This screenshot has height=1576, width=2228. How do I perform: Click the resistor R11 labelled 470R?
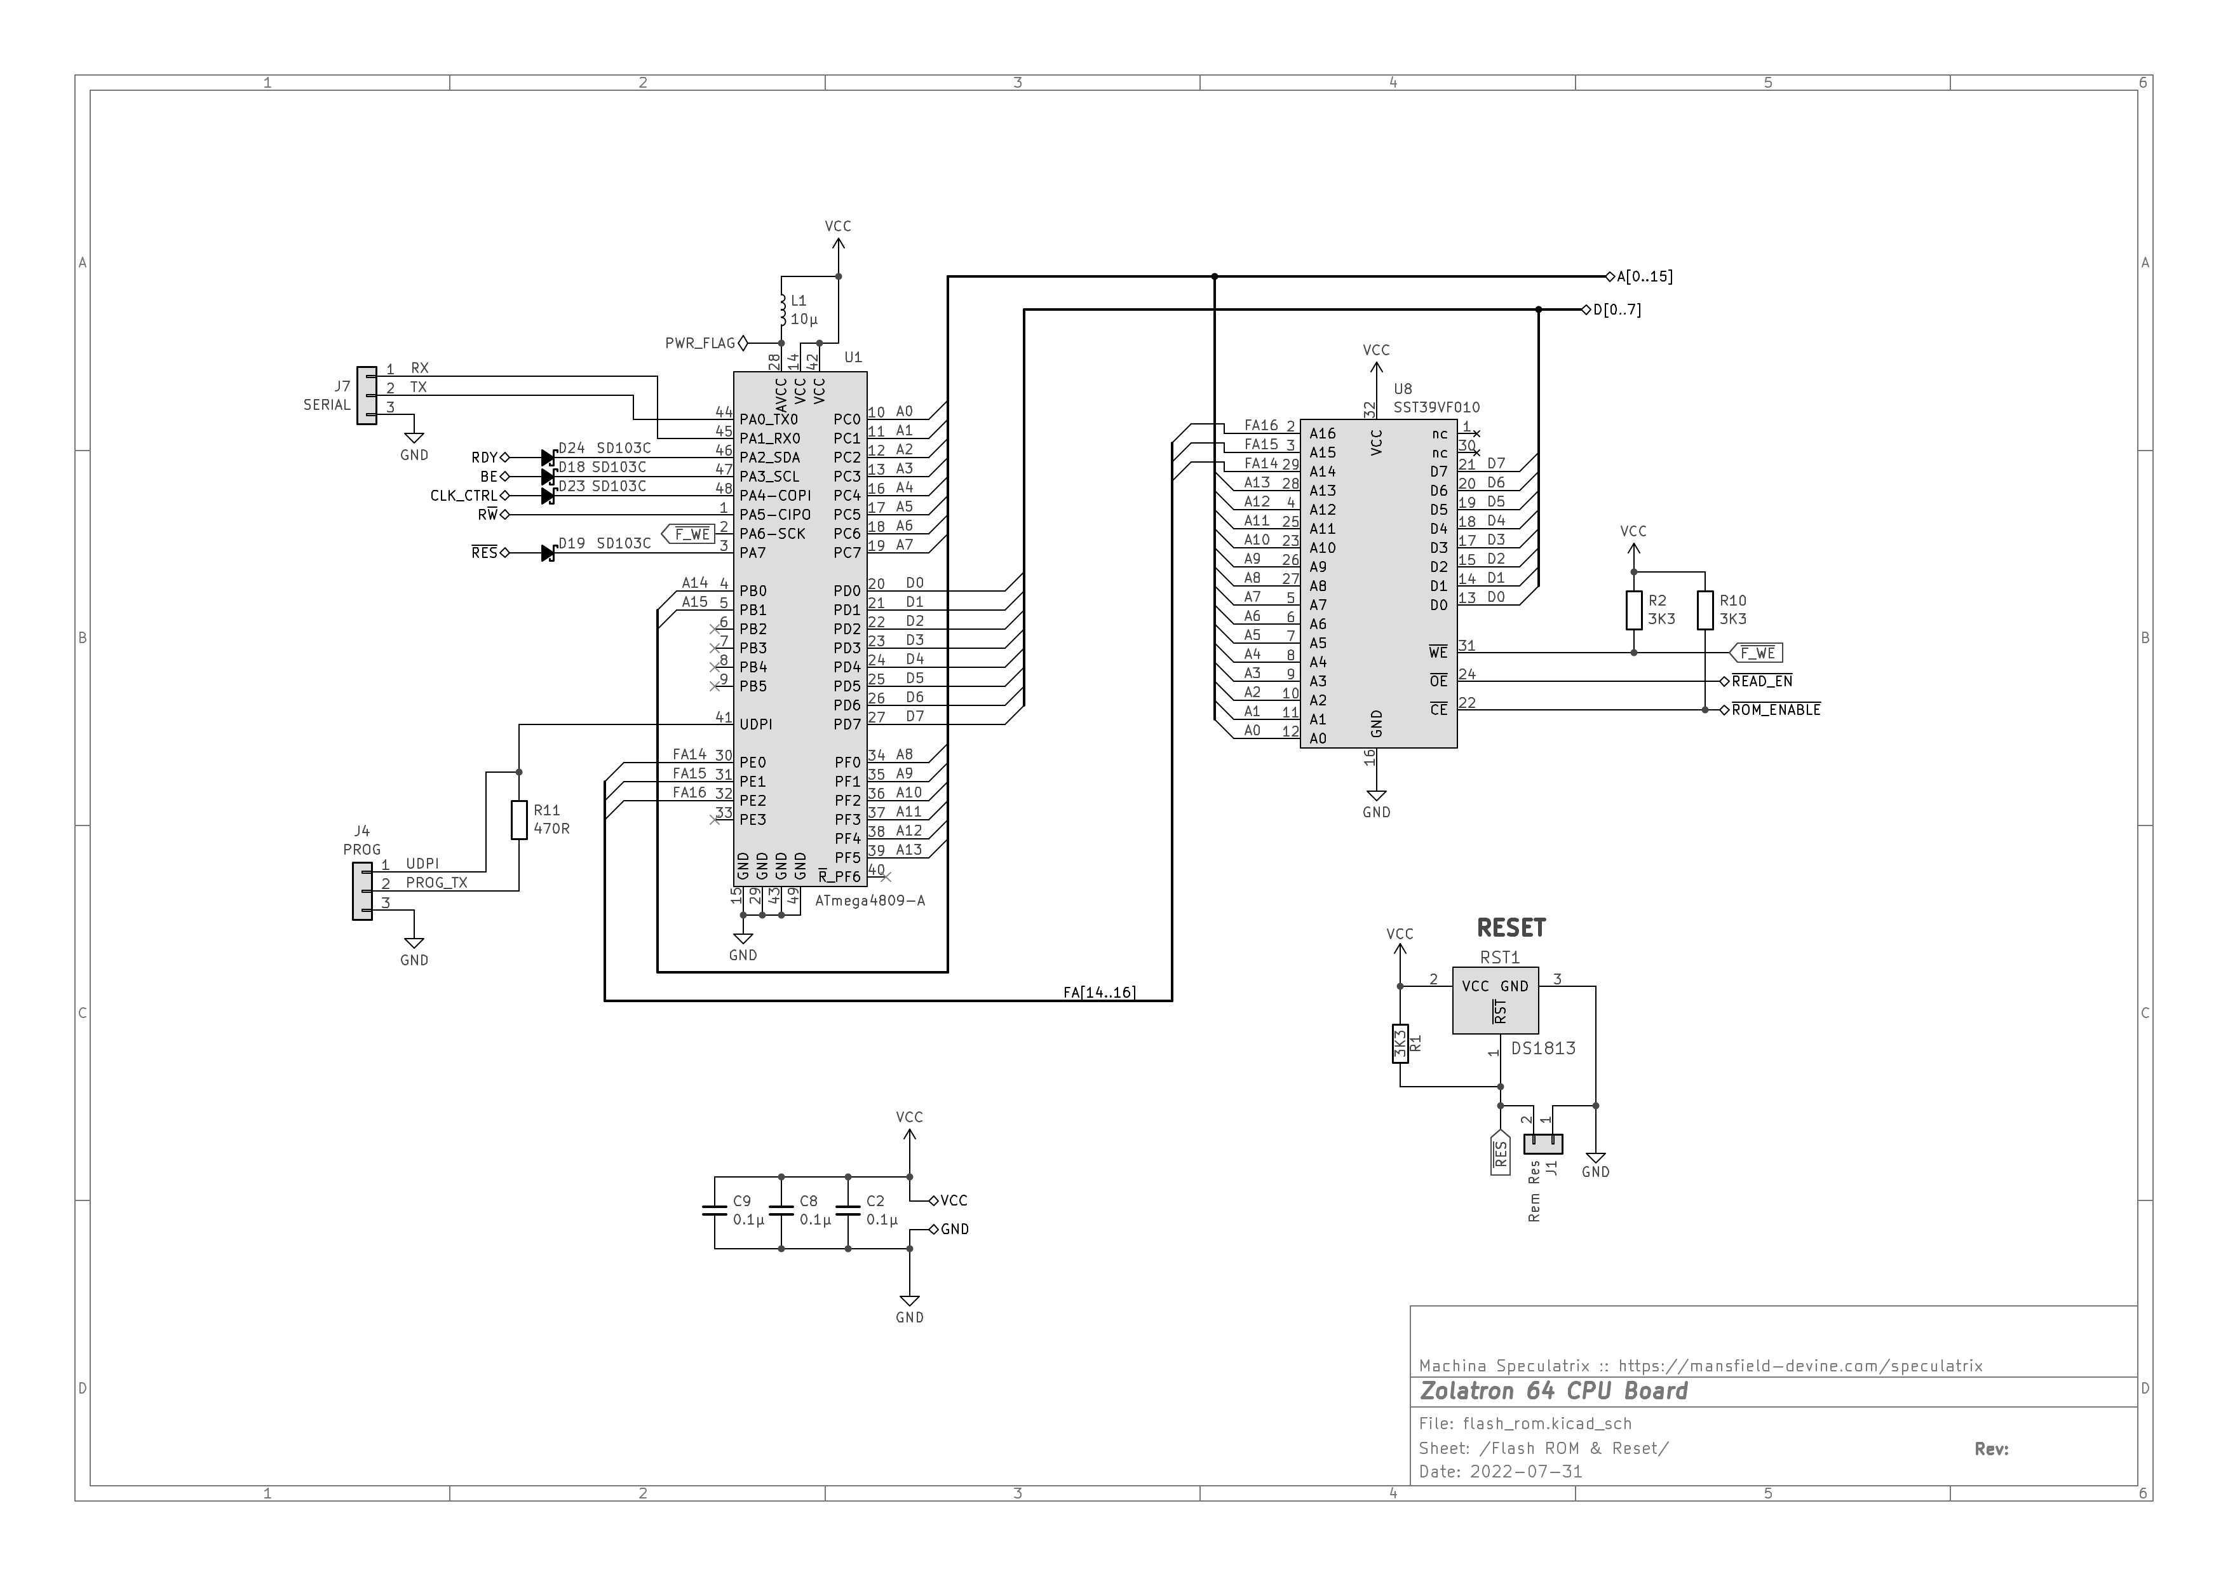click(519, 820)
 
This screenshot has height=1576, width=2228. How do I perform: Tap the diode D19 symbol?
click(548, 553)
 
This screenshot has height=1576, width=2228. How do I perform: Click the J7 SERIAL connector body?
click(367, 395)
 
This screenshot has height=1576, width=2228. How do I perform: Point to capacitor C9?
click(714, 1211)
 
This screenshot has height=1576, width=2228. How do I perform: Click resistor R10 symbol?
click(1705, 611)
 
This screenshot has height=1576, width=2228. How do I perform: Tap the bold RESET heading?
click(1511, 928)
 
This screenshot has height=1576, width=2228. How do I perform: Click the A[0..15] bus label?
click(1645, 276)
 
